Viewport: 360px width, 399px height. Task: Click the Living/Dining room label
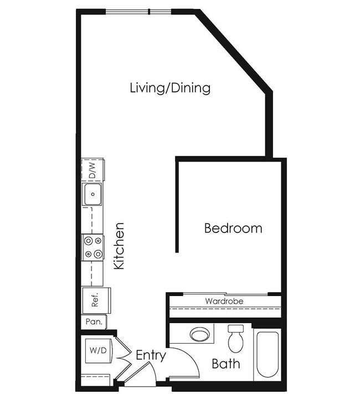point(170,87)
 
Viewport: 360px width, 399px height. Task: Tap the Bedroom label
point(233,228)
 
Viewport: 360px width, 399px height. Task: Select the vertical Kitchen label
point(119,246)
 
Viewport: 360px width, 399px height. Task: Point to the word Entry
point(150,355)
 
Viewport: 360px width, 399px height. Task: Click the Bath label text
point(226,364)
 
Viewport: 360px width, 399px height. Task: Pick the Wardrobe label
point(224,301)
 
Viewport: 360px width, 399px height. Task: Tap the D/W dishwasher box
point(92,170)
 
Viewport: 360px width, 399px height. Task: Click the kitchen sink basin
point(92,194)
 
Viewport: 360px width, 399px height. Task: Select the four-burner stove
point(92,247)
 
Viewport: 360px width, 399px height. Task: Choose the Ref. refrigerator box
point(95,300)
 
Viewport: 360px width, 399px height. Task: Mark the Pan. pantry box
point(93,322)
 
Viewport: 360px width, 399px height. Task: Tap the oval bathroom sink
point(199,334)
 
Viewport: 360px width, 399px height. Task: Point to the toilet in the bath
point(236,338)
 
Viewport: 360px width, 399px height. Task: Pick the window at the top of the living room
point(138,12)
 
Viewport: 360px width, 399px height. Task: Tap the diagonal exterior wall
point(234,50)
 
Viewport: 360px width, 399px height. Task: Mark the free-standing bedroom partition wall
point(177,205)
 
